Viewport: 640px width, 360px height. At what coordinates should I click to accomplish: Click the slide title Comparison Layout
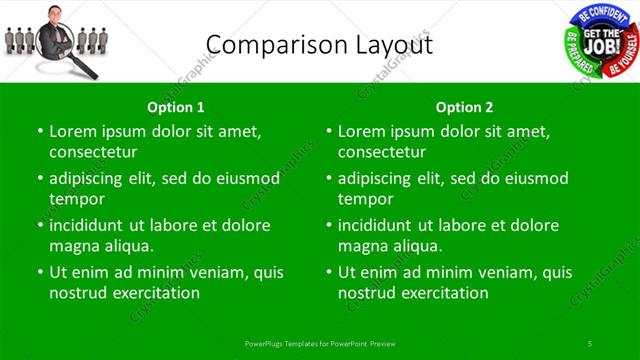point(319,44)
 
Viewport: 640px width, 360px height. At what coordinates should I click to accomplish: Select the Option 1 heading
point(176,107)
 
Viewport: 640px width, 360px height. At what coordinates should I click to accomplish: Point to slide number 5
point(591,343)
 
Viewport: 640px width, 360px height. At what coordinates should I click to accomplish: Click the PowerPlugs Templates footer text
point(319,343)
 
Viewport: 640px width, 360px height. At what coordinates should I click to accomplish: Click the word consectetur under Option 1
point(93,152)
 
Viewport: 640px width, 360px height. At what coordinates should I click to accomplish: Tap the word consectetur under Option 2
point(382,152)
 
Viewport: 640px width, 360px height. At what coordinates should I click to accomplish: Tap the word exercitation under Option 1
point(156,293)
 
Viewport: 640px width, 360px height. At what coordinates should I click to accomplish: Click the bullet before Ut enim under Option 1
point(39,272)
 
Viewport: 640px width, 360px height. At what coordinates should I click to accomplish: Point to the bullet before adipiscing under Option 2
point(328,178)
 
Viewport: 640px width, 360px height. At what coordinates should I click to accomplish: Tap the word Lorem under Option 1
point(72,130)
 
